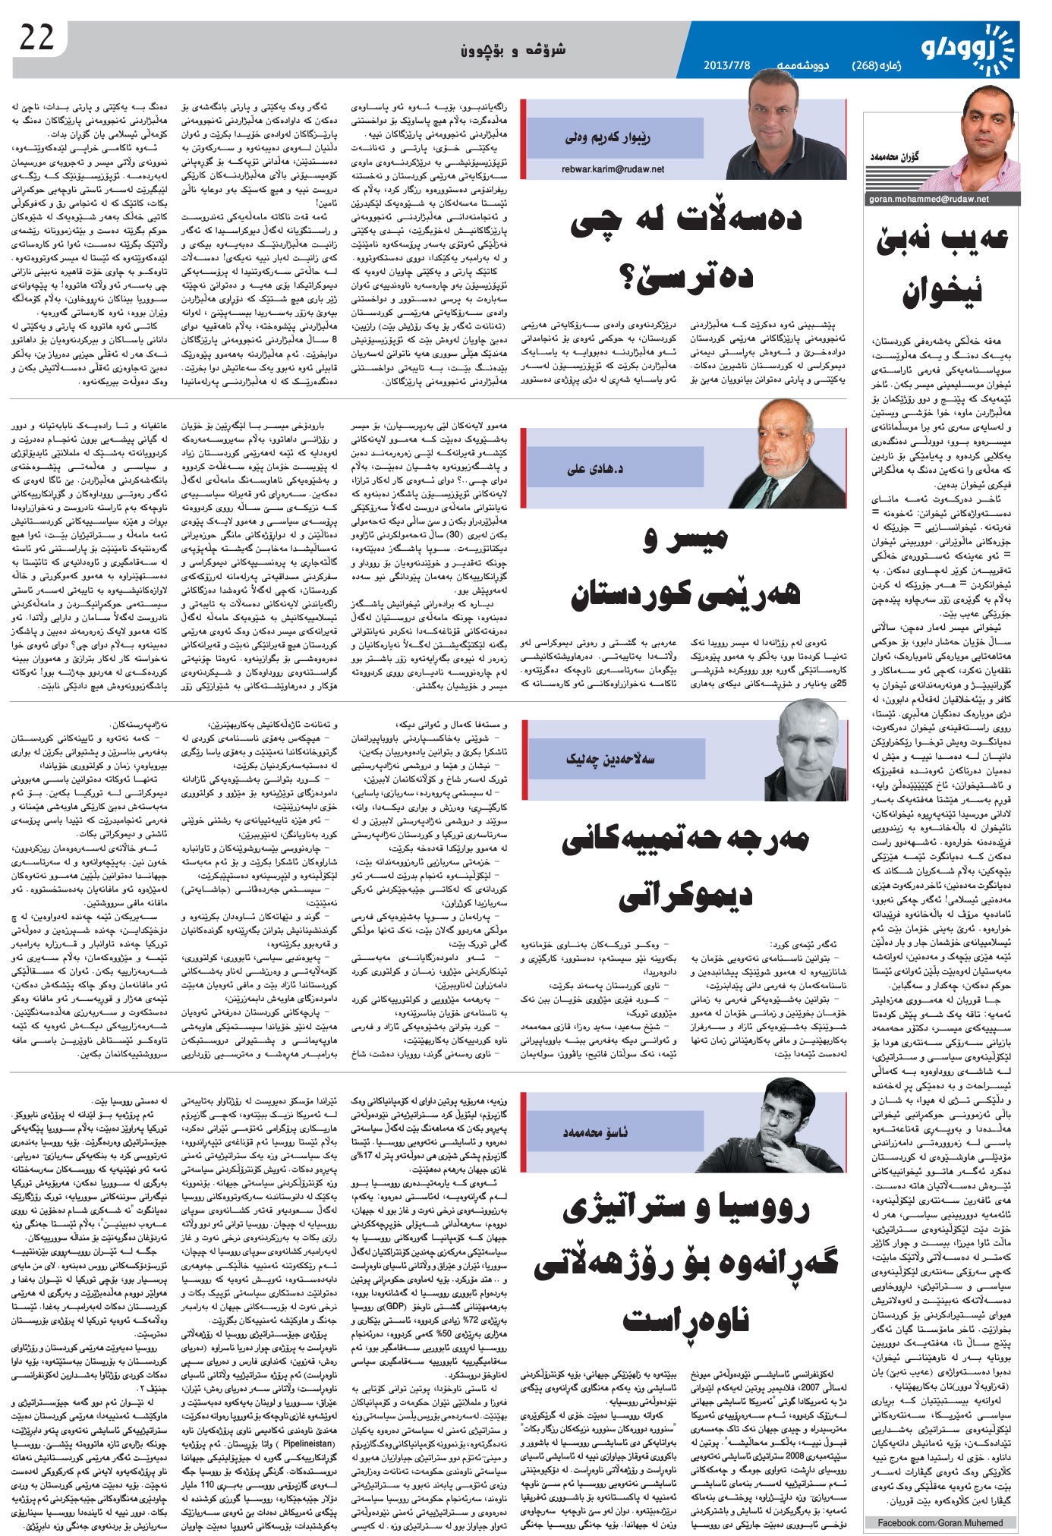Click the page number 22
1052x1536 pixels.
(37, 38)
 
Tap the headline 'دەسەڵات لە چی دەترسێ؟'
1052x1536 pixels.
(684, 247)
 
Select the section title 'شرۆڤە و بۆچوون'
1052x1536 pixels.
(524, 52)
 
